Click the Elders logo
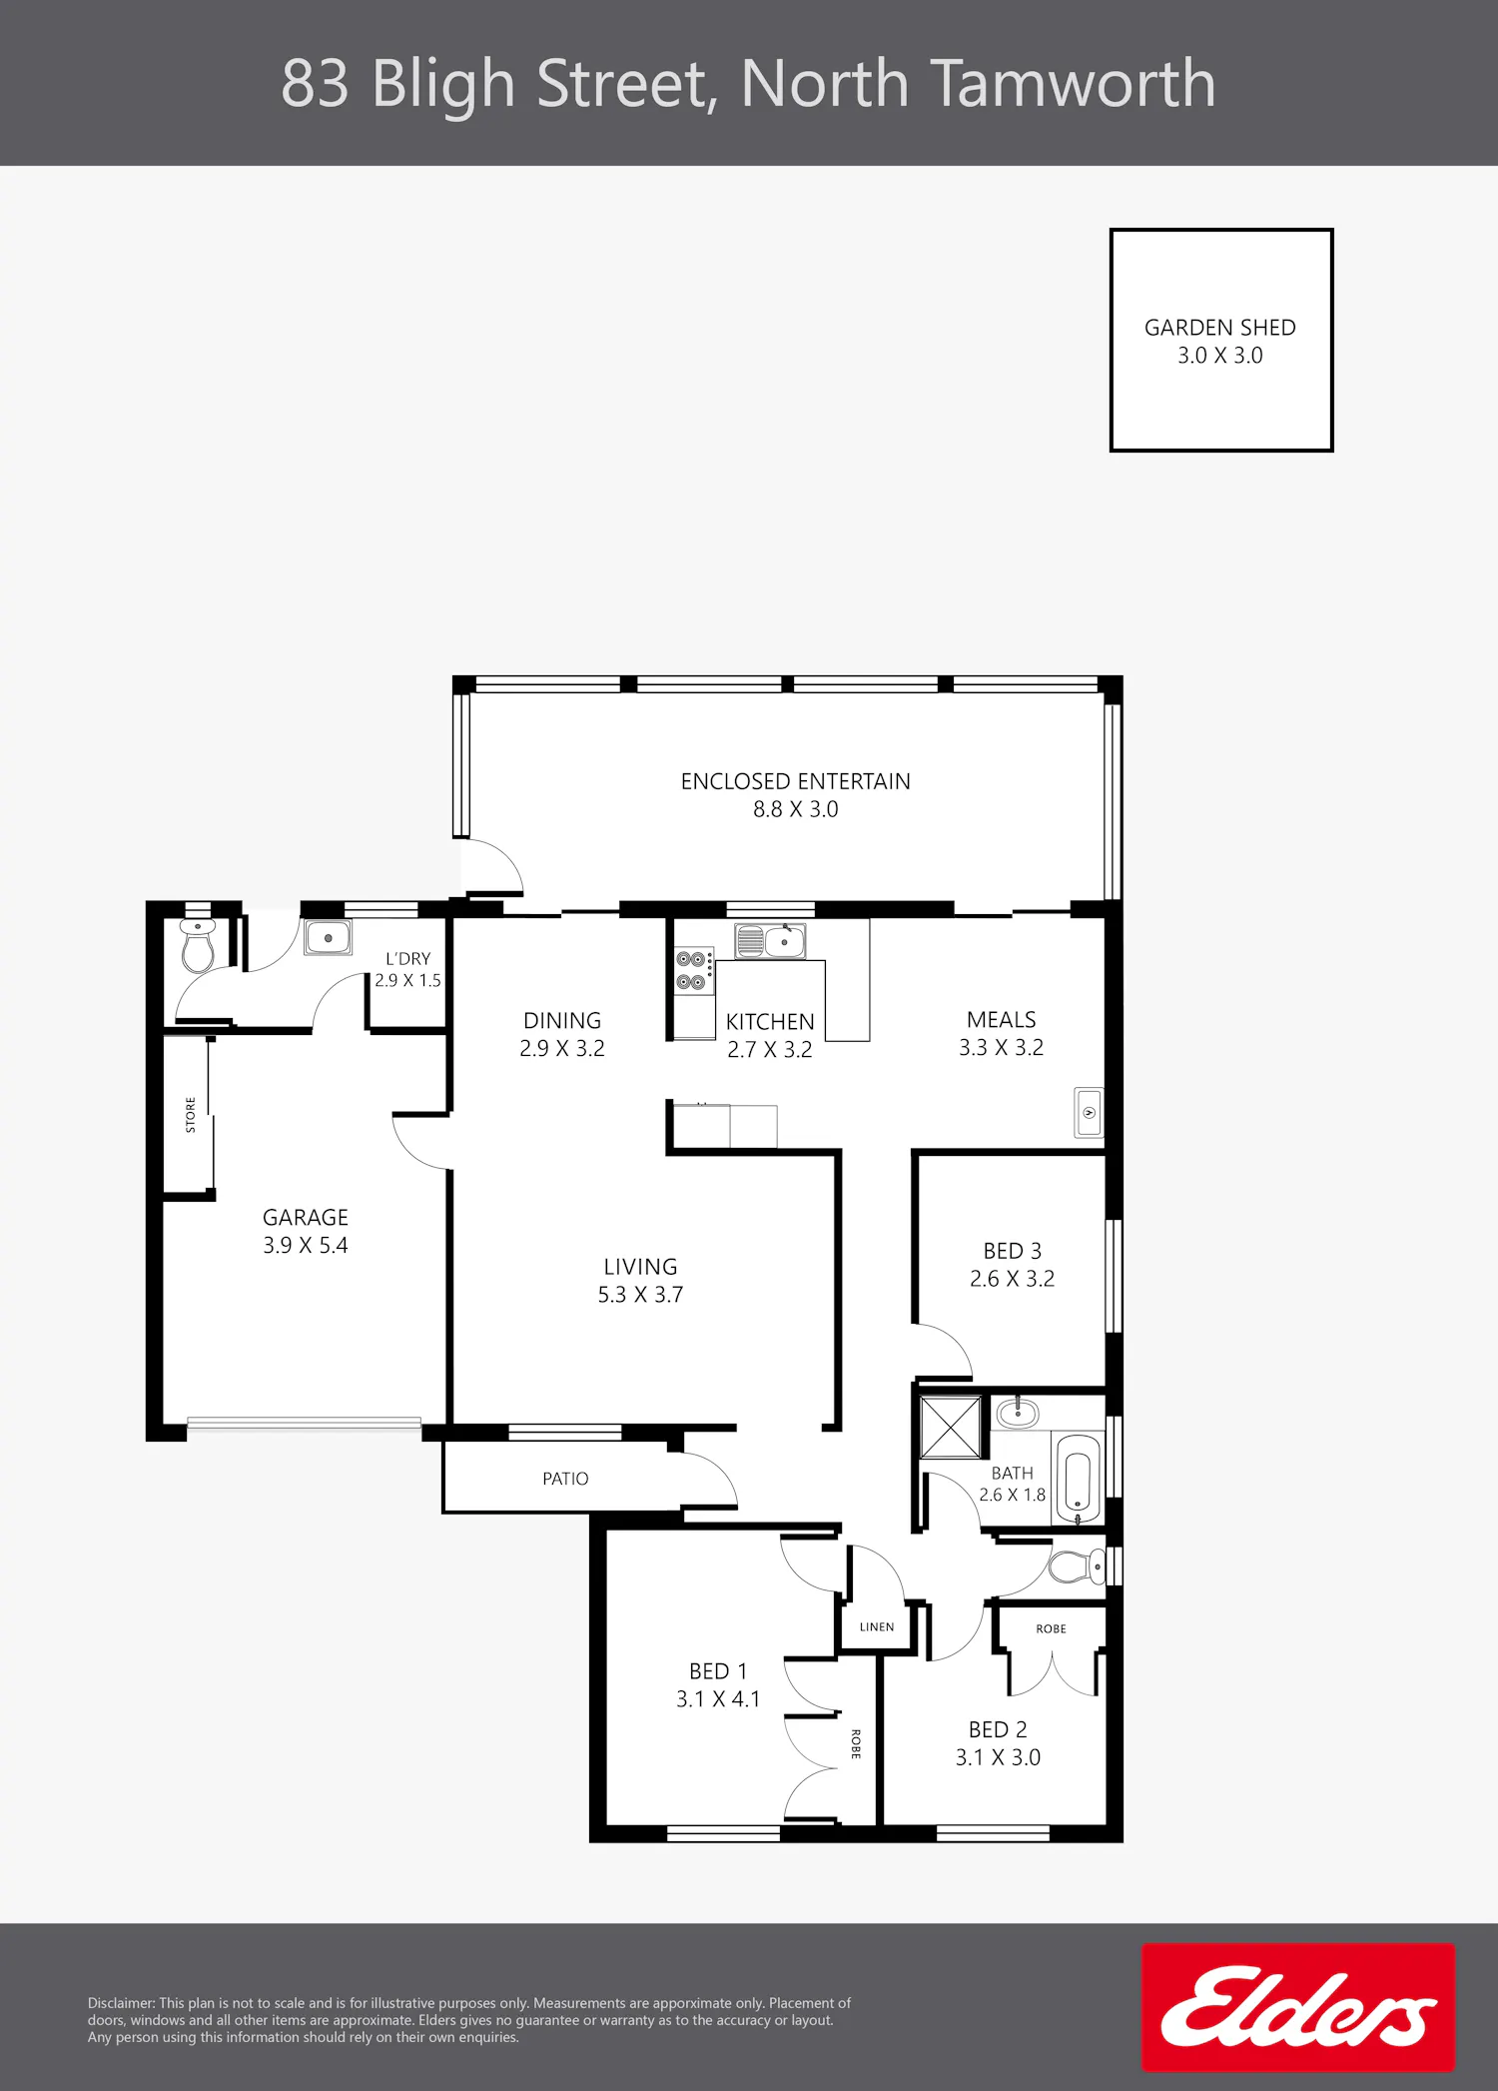click(1298, 2006)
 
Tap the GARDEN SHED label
click(1219, 328)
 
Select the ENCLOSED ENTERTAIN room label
click(795, 781)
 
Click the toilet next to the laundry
click(198, 945)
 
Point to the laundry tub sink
click(328, 938)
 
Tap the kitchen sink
click(770, 941)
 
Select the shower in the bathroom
click(951, 1429)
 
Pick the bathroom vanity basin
click(1018, 1413)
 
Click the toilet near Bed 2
click(1077, 1567)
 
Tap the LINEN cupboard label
click(877, 1626)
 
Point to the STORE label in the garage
click(191, 1115)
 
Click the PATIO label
click(565, 1479)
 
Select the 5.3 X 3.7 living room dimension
click(640, 1295)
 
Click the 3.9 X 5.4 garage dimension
click(306, 1246)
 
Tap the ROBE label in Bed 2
click(1051, 1628)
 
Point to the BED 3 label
click(1012, 1251)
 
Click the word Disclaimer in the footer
click(121, 2003)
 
